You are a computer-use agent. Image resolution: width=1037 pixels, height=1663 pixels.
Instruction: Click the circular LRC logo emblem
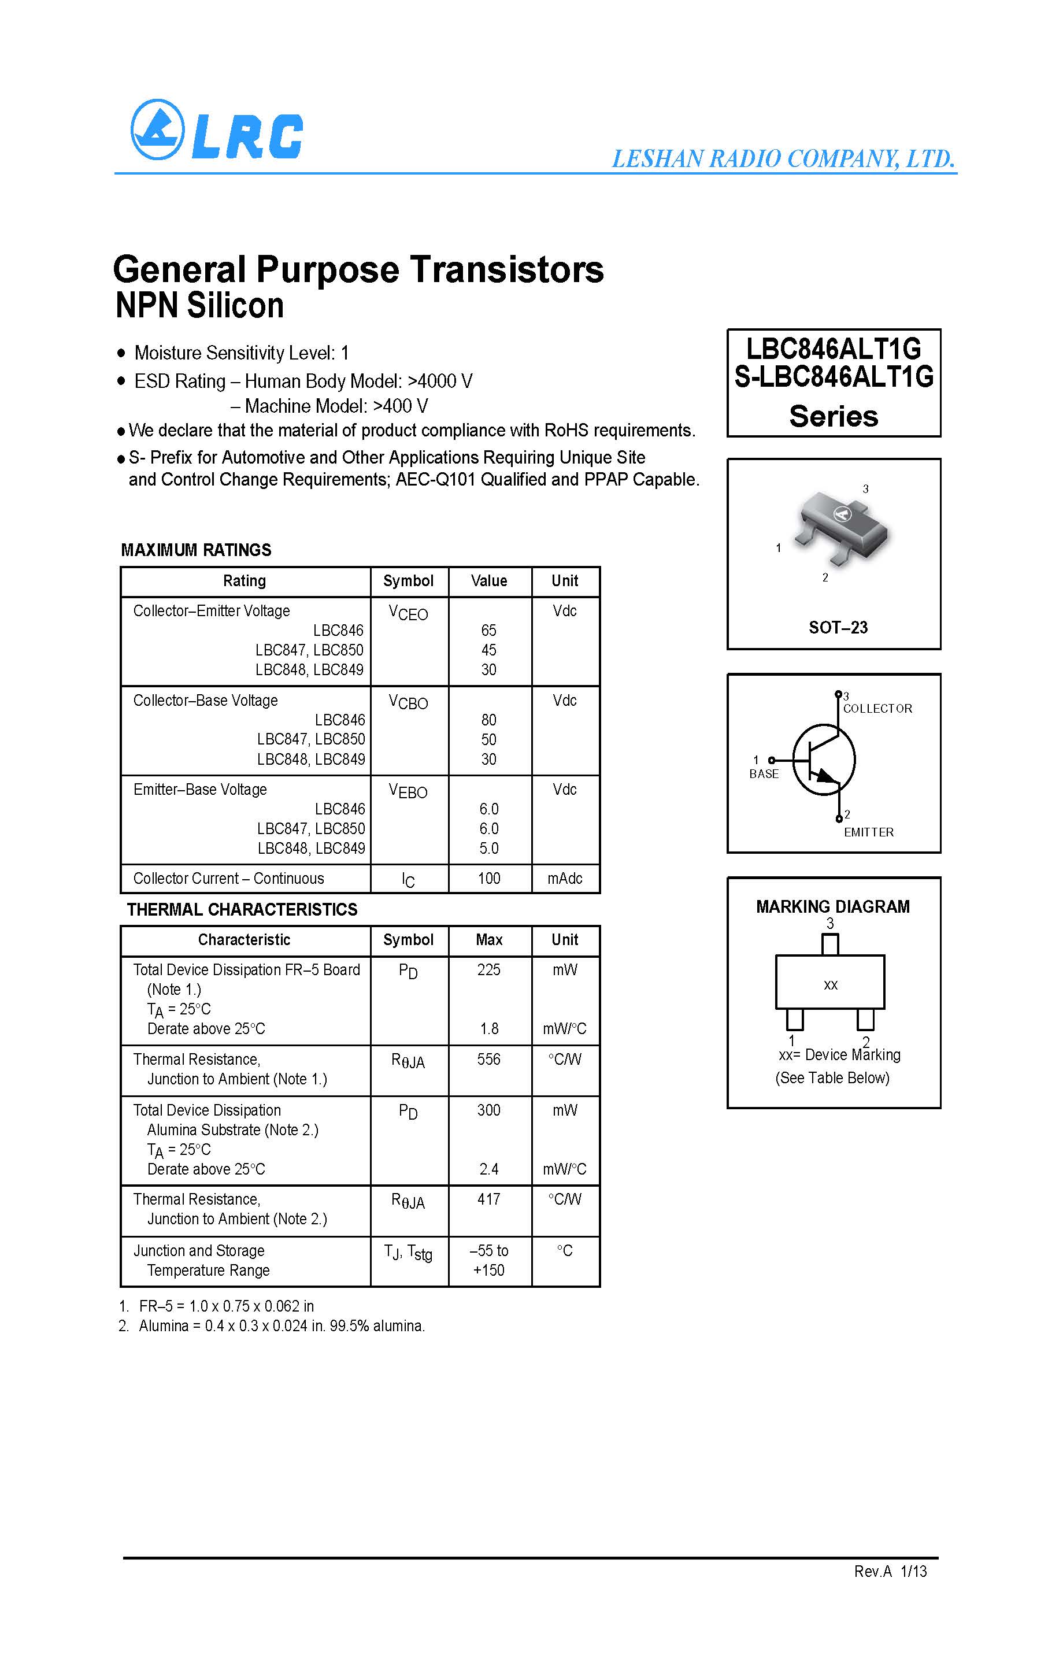point(157,129)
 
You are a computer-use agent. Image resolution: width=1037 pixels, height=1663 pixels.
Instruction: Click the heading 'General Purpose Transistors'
point(358,269)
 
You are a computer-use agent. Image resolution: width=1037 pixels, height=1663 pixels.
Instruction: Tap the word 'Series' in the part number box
point(834,416)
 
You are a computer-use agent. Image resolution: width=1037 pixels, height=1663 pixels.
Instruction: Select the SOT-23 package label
point(838,628)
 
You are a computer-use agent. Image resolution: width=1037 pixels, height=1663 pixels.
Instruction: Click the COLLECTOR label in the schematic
point(877,709)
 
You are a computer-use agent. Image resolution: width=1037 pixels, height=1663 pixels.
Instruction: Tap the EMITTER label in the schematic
point(868,832)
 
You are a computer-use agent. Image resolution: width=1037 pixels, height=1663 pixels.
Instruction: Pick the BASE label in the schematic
point(764,773)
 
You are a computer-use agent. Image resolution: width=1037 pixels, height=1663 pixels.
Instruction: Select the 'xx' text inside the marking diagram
point(831,985)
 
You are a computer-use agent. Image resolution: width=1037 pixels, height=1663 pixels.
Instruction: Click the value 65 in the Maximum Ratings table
point(488,630)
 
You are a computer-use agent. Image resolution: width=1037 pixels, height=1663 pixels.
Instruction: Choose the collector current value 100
point(488,879)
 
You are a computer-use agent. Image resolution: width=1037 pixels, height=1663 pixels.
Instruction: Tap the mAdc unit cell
point(564,879)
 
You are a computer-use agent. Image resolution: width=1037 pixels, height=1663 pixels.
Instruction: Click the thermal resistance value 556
point(488,1060)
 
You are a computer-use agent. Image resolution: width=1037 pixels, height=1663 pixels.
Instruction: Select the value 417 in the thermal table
point(488,1199)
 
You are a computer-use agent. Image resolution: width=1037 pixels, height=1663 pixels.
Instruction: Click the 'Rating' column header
point(244,581)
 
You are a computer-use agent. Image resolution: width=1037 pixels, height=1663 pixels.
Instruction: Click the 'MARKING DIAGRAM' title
point(832,906)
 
